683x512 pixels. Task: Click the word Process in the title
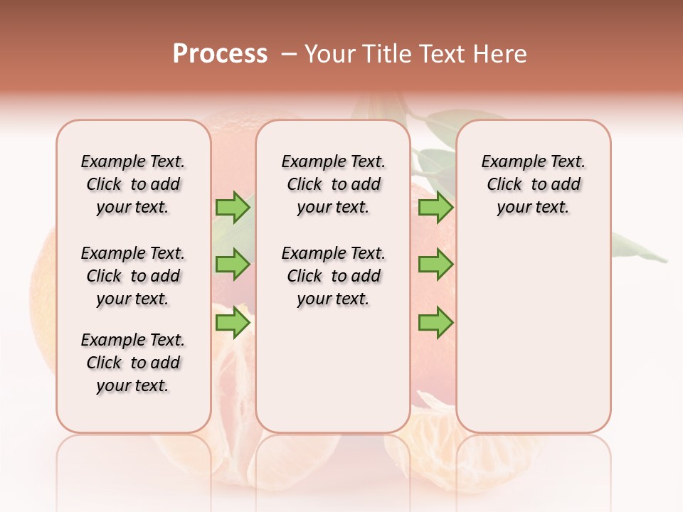[220, 54]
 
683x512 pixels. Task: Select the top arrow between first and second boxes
[232, 207]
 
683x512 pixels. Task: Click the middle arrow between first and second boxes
[232, 265]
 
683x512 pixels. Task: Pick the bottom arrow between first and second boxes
[232, 324]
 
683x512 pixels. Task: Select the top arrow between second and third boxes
[435, 207]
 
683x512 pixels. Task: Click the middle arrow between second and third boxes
[435, 265]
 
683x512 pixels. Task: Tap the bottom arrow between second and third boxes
[435, 324]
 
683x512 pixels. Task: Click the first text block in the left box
[133, 184]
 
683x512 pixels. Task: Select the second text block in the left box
[133, 276]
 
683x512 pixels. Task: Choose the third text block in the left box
[133, 363]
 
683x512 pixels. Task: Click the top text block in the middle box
[333, 184]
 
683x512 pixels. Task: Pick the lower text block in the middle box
[333, 276]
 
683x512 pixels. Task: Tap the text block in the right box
[533, 184]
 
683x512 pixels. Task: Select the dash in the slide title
[288, 54]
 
